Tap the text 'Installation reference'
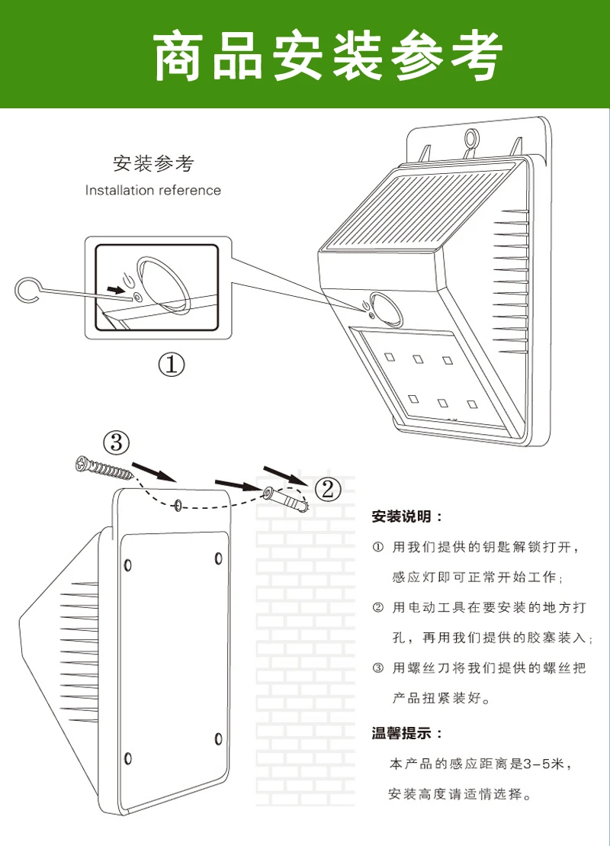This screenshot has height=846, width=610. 153,190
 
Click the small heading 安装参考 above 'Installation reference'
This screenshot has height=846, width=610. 153,163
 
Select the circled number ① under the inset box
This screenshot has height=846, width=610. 171,365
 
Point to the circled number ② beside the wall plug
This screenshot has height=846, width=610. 327,490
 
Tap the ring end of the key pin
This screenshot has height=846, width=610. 27,291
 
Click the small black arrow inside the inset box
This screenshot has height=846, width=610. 115,290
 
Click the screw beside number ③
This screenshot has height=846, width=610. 104,468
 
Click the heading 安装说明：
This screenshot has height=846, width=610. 407,516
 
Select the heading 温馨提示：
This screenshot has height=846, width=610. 407,733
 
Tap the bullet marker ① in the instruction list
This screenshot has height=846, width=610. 378,547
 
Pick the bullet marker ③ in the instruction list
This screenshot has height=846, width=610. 378,668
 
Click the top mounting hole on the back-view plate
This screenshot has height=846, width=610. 178,505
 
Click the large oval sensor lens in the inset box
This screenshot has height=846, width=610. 165,285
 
